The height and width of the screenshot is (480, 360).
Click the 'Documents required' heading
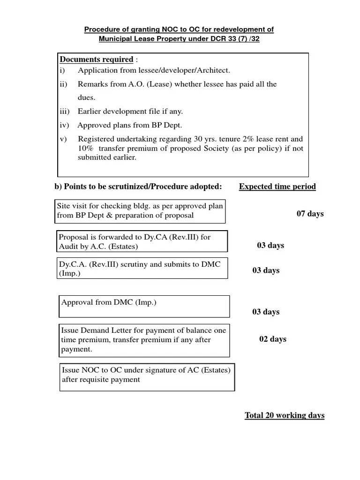(97, 60)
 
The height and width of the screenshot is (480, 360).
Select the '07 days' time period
(310, 214)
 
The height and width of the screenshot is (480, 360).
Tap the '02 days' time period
(273, 339)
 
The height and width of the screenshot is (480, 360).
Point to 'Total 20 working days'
(285, 416)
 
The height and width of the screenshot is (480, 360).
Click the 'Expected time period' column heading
(277, 187)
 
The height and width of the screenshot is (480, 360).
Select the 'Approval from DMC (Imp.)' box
(144, 306)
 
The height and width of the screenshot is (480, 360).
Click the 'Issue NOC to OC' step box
(147, 377)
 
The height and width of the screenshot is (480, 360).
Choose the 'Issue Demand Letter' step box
(144, 340)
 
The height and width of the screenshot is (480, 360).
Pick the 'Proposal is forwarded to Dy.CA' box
(142, 241)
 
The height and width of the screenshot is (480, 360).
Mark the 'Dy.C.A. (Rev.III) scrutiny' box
(142, 268)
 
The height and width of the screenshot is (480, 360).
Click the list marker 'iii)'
(65, 112)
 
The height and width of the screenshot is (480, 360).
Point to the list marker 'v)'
(63, 139)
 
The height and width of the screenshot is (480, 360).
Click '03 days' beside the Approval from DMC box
(266, 312)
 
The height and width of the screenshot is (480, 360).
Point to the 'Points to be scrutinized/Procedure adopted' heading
(138, 187)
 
